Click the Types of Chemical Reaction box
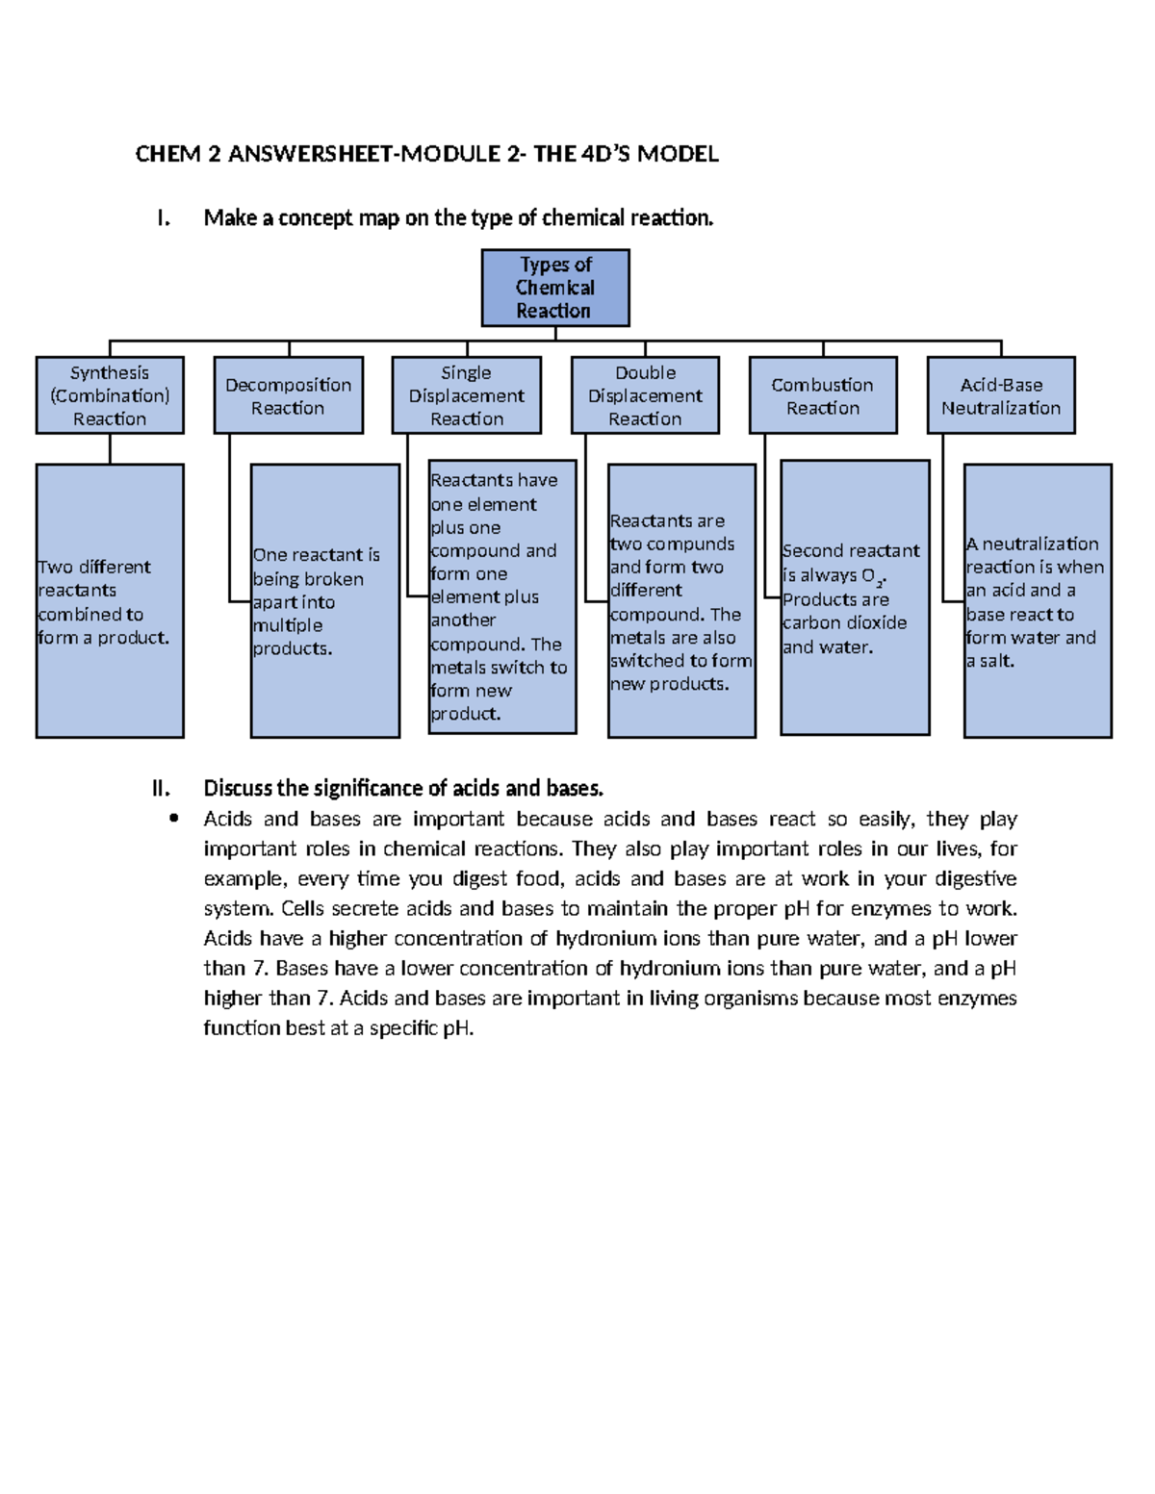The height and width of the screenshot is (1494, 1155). (x=555, y=288)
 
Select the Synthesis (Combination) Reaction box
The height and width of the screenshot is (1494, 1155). (x=110, y=395)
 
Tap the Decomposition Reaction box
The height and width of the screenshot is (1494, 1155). (x=288, y=395)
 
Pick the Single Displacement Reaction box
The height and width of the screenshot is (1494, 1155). (x=467, y=395)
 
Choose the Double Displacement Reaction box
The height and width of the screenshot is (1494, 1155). (x=645, y=395)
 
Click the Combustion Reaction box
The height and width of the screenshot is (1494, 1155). (x=823, y=395)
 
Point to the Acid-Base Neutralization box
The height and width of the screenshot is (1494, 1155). (x=1001, y=395)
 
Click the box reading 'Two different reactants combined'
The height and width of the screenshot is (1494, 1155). (x=110, y=601)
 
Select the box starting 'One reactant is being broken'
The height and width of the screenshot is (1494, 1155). (x=325, y=601)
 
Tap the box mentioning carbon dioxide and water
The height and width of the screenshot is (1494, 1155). (x=855, y=597)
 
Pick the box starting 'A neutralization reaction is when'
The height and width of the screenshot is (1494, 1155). (x=1038, y=601)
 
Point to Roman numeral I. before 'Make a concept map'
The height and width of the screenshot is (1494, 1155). (x=164, y=218)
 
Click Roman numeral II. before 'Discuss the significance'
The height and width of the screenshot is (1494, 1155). (x=161, y=789)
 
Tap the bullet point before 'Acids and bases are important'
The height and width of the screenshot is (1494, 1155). (x=173, y=819)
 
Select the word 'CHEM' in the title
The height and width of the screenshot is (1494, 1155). (x=167, y=154)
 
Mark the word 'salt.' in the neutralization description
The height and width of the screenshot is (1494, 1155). (x=997, y=661)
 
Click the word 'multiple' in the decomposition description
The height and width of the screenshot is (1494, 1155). (x=288, y=625)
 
